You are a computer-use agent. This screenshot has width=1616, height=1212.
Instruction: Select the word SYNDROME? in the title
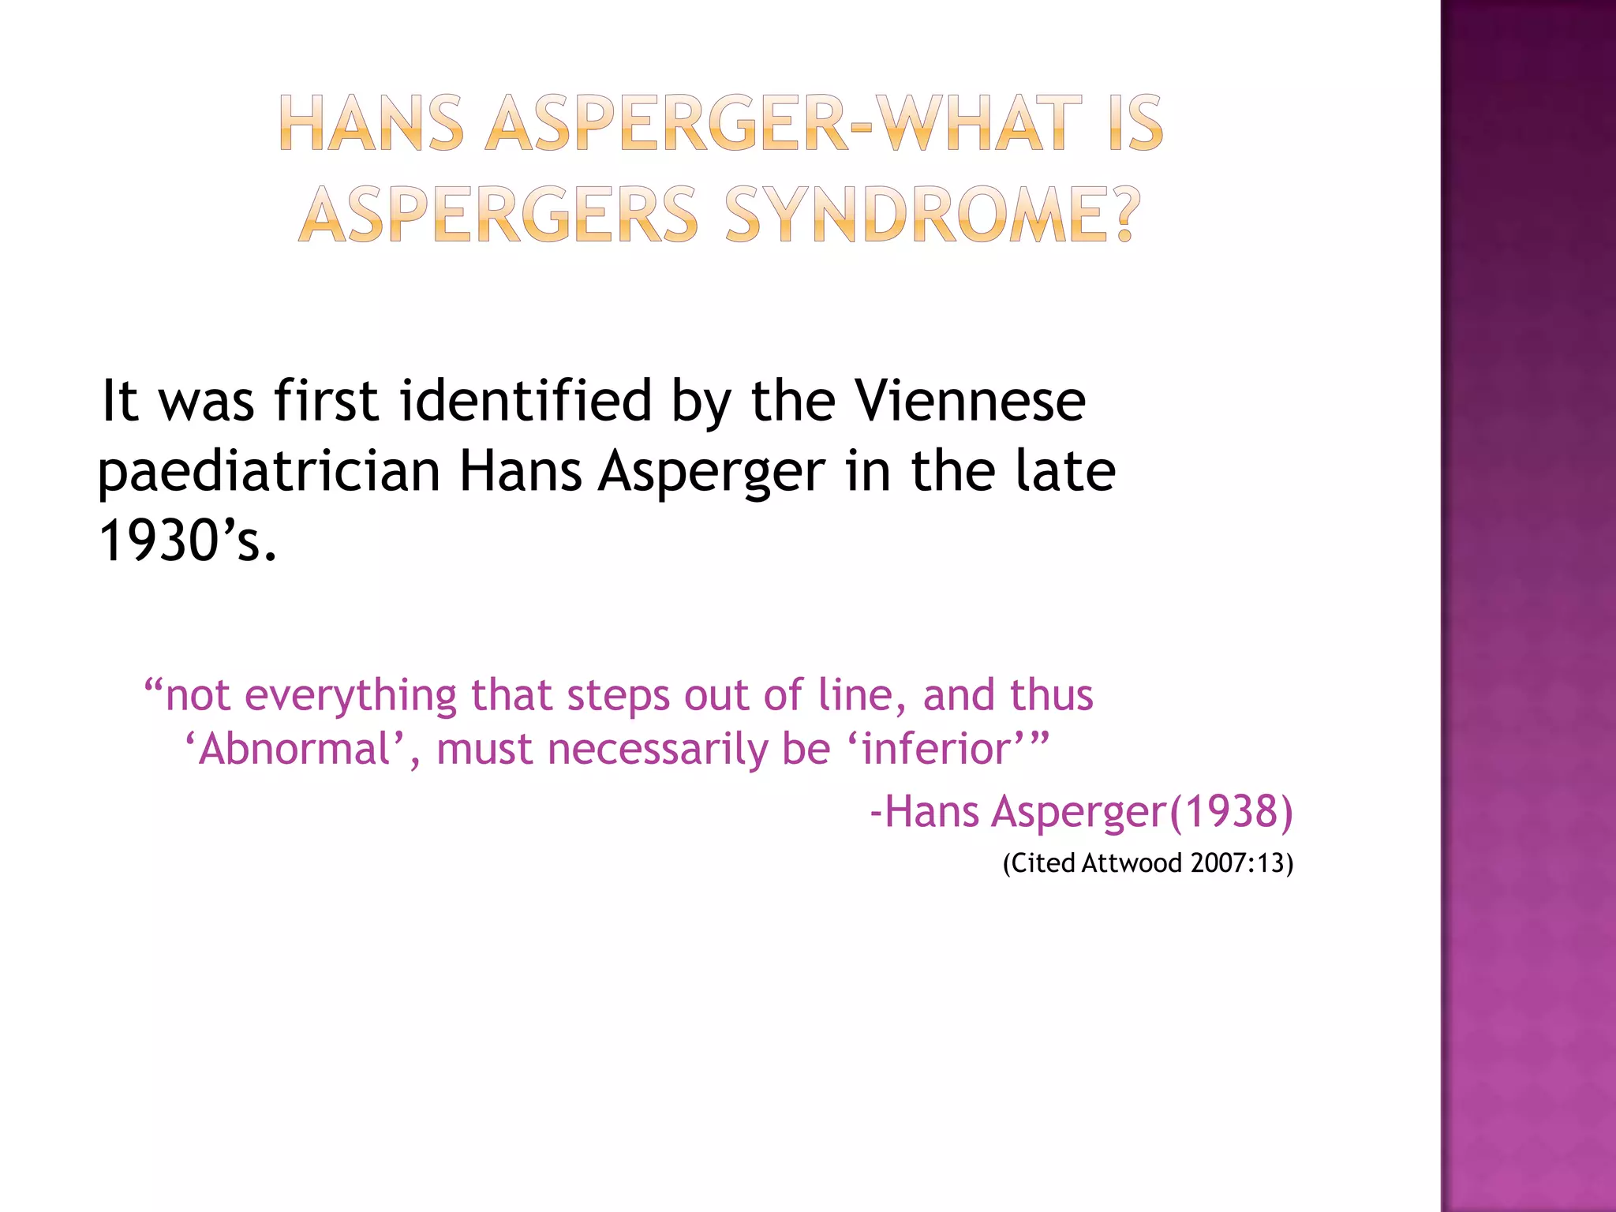point(933,215)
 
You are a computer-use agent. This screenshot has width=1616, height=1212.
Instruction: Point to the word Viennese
point(971,401)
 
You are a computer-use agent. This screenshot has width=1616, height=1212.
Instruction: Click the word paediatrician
point(269,472)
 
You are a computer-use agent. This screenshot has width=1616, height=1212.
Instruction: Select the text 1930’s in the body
point(188,541)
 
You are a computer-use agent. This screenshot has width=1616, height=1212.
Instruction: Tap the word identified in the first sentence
point(526,401)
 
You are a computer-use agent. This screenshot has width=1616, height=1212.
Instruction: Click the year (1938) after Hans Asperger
point(1231,811)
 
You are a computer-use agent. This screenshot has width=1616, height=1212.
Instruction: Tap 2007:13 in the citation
point(1237,863)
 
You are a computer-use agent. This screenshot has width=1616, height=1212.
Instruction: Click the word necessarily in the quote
point(657,749)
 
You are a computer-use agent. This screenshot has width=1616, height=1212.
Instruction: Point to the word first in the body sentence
point(326,401)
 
